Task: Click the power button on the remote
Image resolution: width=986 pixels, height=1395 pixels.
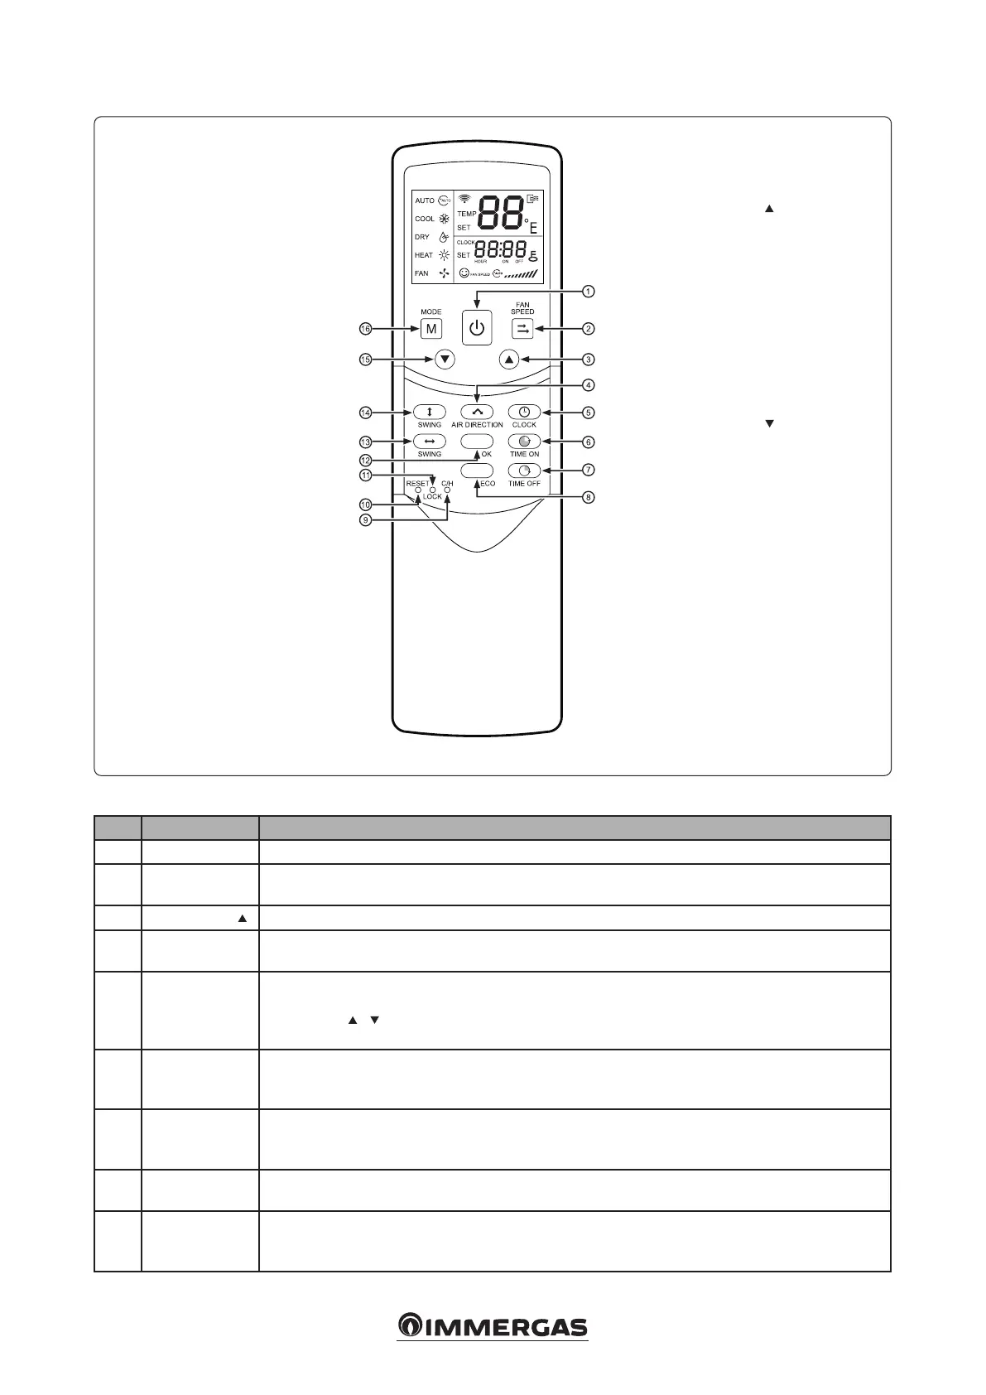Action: [x=476, y=328]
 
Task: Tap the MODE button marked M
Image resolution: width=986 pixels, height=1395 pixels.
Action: [x=430, y=329]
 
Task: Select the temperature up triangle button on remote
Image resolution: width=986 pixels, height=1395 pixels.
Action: [x=509, y=360]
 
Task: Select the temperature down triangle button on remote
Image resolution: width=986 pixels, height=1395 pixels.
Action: [x=445, y=360]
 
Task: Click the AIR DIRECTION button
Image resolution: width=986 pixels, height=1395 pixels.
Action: [x=477, y=412]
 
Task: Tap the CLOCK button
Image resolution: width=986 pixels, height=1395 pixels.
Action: [x=524, y=412]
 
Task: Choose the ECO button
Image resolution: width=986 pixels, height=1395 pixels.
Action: [x=477, y=471]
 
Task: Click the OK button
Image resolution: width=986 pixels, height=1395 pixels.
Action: [x=477, y=442]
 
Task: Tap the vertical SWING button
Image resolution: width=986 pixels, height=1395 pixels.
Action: [x=430, y=412]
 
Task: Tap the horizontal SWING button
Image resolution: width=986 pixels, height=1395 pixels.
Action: [x=430, y=442]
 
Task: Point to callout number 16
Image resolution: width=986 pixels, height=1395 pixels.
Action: [x=365, y=329]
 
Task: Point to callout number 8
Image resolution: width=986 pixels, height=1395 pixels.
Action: [x=588, y=498]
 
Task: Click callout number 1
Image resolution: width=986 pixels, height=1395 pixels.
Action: [x=588, y=292]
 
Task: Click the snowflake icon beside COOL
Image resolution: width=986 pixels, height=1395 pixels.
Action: [x=445, y=219]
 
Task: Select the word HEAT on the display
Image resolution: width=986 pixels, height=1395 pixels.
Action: [x=424, y=255]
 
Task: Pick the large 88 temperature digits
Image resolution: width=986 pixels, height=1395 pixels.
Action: [x=501, y=215]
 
